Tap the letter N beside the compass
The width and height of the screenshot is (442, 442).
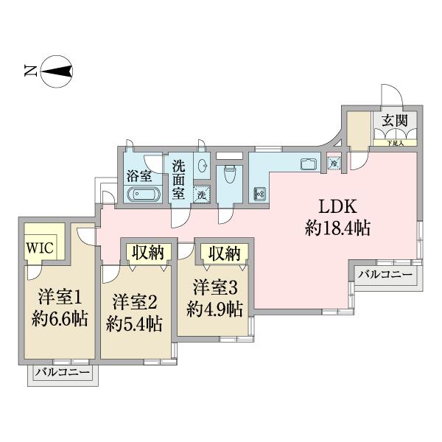coord(30,72)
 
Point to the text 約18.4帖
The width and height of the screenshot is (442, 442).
coord(337,228)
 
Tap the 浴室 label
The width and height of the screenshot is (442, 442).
coord(138,176)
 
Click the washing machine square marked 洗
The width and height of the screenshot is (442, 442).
coord(200,195)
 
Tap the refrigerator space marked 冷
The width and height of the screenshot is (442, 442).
coord(334,163)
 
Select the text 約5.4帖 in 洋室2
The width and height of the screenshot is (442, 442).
coord(134,323)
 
